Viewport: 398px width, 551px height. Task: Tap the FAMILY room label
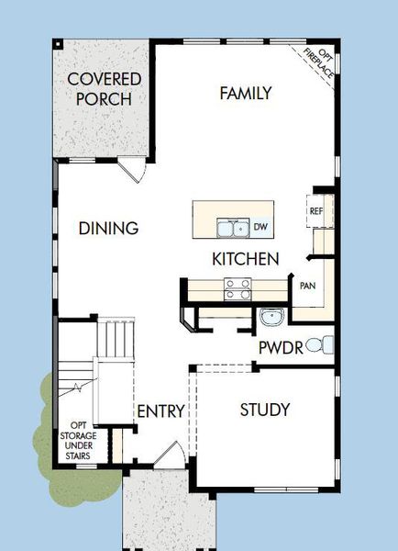coord(245,93)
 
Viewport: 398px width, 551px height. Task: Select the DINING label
coord(108,229)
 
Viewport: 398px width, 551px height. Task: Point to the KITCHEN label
coord(245,259)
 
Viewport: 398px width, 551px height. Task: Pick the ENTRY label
coord(160,410)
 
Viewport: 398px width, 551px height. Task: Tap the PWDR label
coord(277,348)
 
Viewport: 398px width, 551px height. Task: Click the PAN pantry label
coord(307,286)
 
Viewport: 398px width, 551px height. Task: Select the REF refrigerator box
coord(316,211)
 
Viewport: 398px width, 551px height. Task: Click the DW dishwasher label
coord(260,227)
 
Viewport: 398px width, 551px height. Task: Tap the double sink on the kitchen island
coord(231,227)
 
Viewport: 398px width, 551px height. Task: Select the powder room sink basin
coord(271,319)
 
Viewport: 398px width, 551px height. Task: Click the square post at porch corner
coord(57,43)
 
